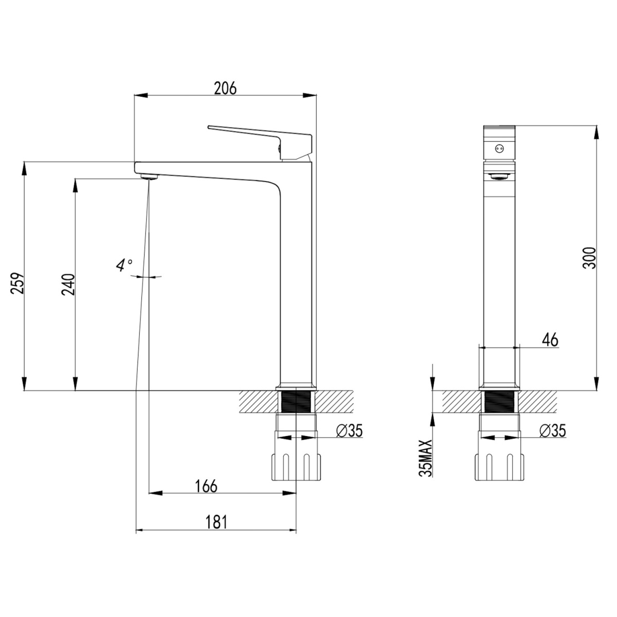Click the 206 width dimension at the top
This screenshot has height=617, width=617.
point(225,89)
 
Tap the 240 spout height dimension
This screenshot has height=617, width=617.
point(69,284)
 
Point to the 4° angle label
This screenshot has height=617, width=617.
point(123,265)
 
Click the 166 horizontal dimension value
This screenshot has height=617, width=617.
point(206,486)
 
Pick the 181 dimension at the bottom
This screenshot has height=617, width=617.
point(216,522)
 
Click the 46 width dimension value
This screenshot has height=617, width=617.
point(549,339)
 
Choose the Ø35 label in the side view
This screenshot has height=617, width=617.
point(350,431)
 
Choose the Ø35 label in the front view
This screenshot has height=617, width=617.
point(553,431)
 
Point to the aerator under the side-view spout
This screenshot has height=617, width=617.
point(149,176)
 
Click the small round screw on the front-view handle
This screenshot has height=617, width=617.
point(497,149)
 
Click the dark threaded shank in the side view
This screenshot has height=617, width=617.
point(296,401)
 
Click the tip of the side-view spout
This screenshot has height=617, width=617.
point(137,168)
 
